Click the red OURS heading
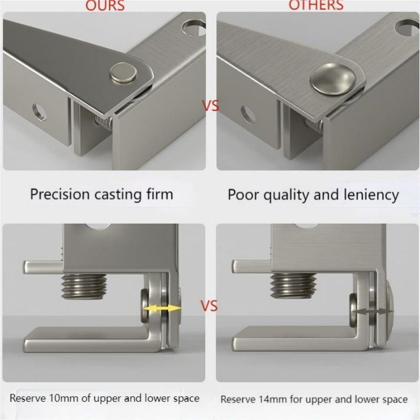(x=105, y=5)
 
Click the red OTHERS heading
(x=316, y=5)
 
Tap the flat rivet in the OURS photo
(x=123, y=72)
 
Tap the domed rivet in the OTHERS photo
(x=333, y=79)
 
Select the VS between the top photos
(x=211, y=106)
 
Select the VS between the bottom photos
(x=209, y=306)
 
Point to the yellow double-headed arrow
(x=162, y=309)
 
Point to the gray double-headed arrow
(x=373, y=311)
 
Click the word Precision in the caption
(x=59, y=194)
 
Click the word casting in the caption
(x=118, y=195)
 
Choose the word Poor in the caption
(x=243, y=195)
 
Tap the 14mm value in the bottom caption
(x=274, y=400)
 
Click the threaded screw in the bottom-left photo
(x=84, y=286)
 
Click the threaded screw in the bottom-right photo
(x=293, y=286)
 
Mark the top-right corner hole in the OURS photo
(x=193, y=28)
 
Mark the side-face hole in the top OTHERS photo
(x=248, y=114)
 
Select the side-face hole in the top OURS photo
(x=40, y=112)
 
